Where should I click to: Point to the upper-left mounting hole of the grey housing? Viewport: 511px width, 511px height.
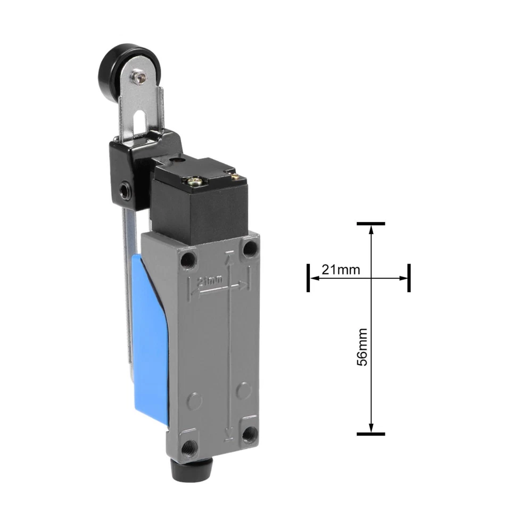(187, 260)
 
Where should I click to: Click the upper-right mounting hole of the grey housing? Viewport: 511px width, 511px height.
(249, 248)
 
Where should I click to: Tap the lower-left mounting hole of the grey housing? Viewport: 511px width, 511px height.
(188, 446)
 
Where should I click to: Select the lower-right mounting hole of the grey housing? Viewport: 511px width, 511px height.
(249, 434)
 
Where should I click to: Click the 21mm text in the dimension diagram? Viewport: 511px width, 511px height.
(340, 270)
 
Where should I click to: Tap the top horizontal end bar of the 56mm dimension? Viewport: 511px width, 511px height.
(371, 224)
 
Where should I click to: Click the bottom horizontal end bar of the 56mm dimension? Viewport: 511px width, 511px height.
(371, 434)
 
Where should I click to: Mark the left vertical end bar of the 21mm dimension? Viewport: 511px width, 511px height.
(308, 277)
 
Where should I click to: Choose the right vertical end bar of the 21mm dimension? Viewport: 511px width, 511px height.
(409, 277)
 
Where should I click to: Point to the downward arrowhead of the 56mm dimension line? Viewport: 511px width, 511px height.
(371, 428)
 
